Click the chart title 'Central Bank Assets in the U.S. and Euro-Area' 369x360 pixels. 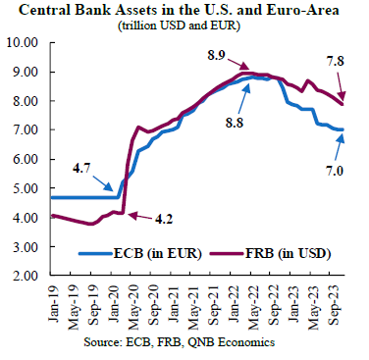tap(179, 10)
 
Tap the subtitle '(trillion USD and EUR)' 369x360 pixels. tap(179, 26)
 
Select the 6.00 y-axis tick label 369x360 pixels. tap(26, 159)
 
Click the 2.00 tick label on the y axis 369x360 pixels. tap(26, 276)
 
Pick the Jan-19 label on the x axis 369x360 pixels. tap(54, 304)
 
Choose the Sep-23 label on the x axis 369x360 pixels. tap(336, 305)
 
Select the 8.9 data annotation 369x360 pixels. tap(216, 55)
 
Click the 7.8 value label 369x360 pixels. tap(336, 61)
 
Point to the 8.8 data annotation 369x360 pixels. tap(235, 123)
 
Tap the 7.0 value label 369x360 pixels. tap(334, 171)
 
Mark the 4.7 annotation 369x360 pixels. tap(81, 170)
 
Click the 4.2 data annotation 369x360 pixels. tap(164, 219)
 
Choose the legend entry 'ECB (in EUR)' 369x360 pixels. tap(140, 253)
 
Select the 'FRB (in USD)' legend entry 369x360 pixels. tap(269, 253)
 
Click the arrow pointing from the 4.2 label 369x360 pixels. tap(139, 216)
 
